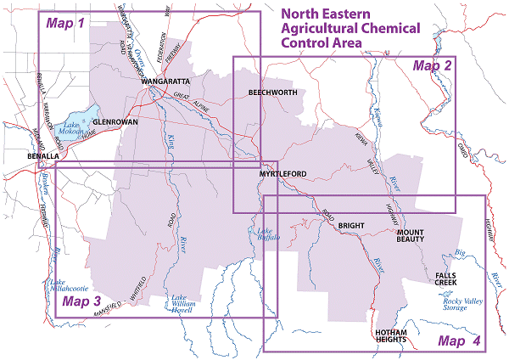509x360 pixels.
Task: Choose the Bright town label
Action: [350, 226]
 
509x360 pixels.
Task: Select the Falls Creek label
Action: [448, 279]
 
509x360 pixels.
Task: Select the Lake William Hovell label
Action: [184, 304]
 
